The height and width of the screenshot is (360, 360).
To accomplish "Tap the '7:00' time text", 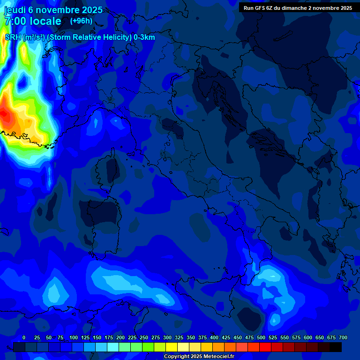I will tap(16, 21).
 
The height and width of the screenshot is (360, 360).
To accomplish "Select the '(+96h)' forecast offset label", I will tap(81, 21).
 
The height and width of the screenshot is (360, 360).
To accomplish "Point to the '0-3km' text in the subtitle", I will tap(144, 37).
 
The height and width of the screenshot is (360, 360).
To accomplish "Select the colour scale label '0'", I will tap(24, 337).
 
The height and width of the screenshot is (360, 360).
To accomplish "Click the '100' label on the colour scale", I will tap(73, 337).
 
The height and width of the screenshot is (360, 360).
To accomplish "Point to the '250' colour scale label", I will tap(143, 337).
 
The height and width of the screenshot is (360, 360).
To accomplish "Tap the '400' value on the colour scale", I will tap(214, 337).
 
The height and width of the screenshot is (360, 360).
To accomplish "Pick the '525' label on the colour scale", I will tap(273, 337).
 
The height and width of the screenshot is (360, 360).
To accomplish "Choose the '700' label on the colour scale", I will tap(343, 337).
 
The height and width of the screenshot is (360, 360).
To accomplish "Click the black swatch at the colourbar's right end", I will tap(336, 347).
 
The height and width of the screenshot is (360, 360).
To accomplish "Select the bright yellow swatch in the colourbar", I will tap(172, 347).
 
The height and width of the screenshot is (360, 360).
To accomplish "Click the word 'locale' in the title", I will tap(45, 21).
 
